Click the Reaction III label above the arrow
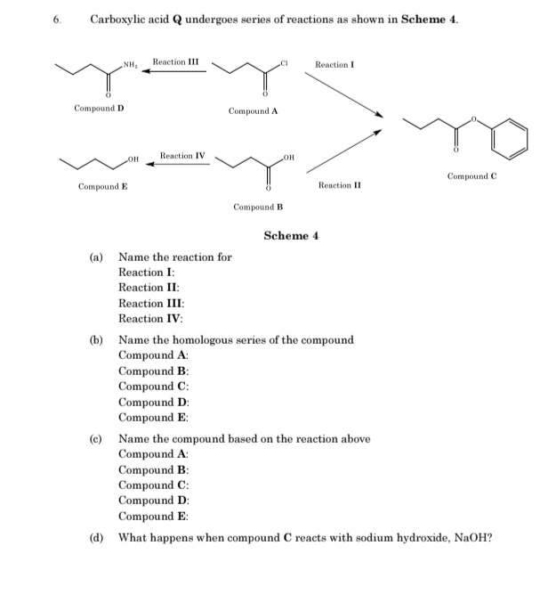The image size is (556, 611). [x=175, y=61]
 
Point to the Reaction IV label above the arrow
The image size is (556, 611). [x=182, y=156]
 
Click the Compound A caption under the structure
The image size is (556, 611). [x=254, y=111]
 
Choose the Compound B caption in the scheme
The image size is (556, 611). [x=258, y=207]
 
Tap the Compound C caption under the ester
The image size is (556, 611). [x=471, y=175]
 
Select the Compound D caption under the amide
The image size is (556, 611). [x=99, y=108]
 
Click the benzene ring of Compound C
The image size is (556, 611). [x=512, y=138]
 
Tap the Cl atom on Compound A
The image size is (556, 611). [x=285, y=63]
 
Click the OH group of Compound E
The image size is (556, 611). [x=134, y=159]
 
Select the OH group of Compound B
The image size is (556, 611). [x=286, y=159]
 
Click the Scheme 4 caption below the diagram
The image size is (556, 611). [x=291, y=235]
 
